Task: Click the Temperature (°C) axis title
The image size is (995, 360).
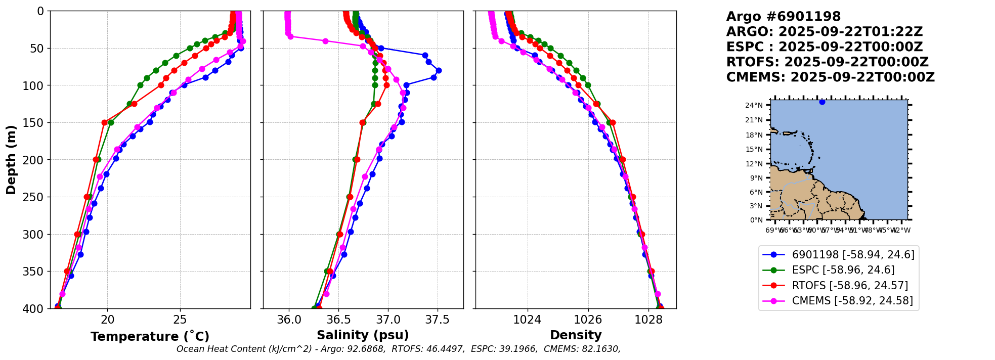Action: click(x=150, y=336)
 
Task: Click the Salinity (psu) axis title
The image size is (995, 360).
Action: click(x=363, y=335)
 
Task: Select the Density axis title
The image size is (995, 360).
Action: click(x=576, y=335)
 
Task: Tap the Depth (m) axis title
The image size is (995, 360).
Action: click(x=11, y=160)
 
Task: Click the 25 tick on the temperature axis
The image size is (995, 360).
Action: click(x=180, y=320)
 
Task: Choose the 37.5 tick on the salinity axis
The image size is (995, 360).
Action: click(x=437, y=320)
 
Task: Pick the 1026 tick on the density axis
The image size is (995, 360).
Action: click(x=588, y=320)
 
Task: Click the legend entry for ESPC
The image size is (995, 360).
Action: click(x=843, y=270)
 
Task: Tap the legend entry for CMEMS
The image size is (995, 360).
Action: click(x=852, y=301)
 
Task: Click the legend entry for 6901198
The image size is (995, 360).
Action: click(x=853, y=255)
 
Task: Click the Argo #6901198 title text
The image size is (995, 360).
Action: click(x=783, y=17)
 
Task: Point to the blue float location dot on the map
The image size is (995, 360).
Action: click(x=822, y=102)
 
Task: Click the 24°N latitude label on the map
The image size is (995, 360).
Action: click(x=754, y=106)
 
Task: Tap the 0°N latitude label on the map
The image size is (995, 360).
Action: click(x=756, y=220)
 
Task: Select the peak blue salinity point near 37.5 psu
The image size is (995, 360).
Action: click(x=439, y=70)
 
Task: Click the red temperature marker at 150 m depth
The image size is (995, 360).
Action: click(x=104, y=122)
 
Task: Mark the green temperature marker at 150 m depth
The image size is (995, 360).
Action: click(x=111, y=122)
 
